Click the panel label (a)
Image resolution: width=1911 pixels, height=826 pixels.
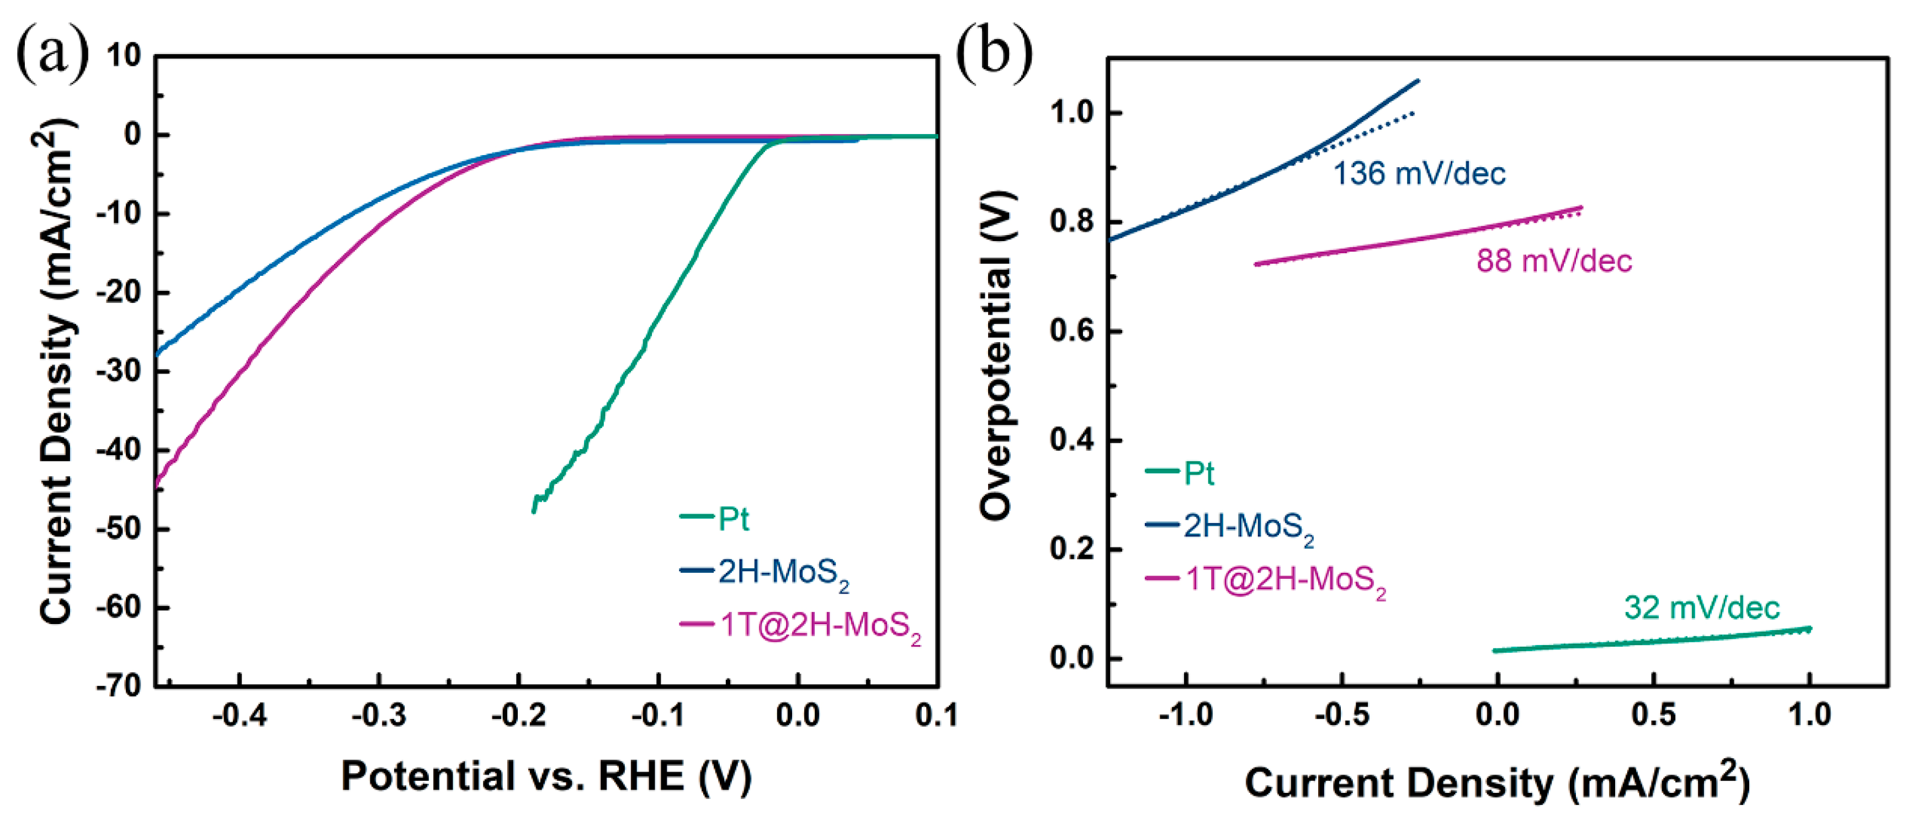click(52, 54)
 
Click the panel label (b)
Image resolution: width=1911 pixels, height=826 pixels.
click(992, 54)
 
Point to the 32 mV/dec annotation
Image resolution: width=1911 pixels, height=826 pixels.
click(1701, 608)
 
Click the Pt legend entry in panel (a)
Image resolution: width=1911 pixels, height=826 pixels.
click(733, 519)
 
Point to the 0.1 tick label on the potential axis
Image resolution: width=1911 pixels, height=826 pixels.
click(936, 716)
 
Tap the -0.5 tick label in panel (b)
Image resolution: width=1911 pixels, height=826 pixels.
click(1341, 716)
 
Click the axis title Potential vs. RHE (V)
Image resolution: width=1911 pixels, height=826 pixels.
click(546, 777)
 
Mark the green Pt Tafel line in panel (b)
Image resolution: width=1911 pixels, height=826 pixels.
click(1654, 641)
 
